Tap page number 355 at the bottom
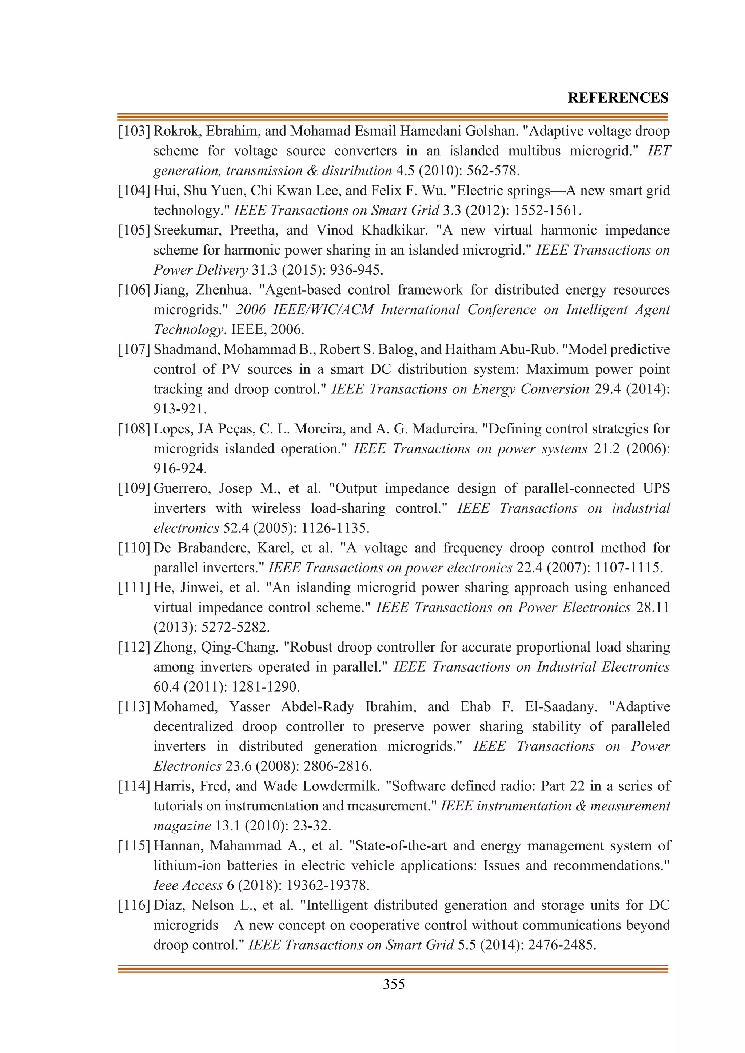tap(394, 984)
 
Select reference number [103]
tap(134, 131)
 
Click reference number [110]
tap(134, 548)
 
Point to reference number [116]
tap(134, 905)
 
